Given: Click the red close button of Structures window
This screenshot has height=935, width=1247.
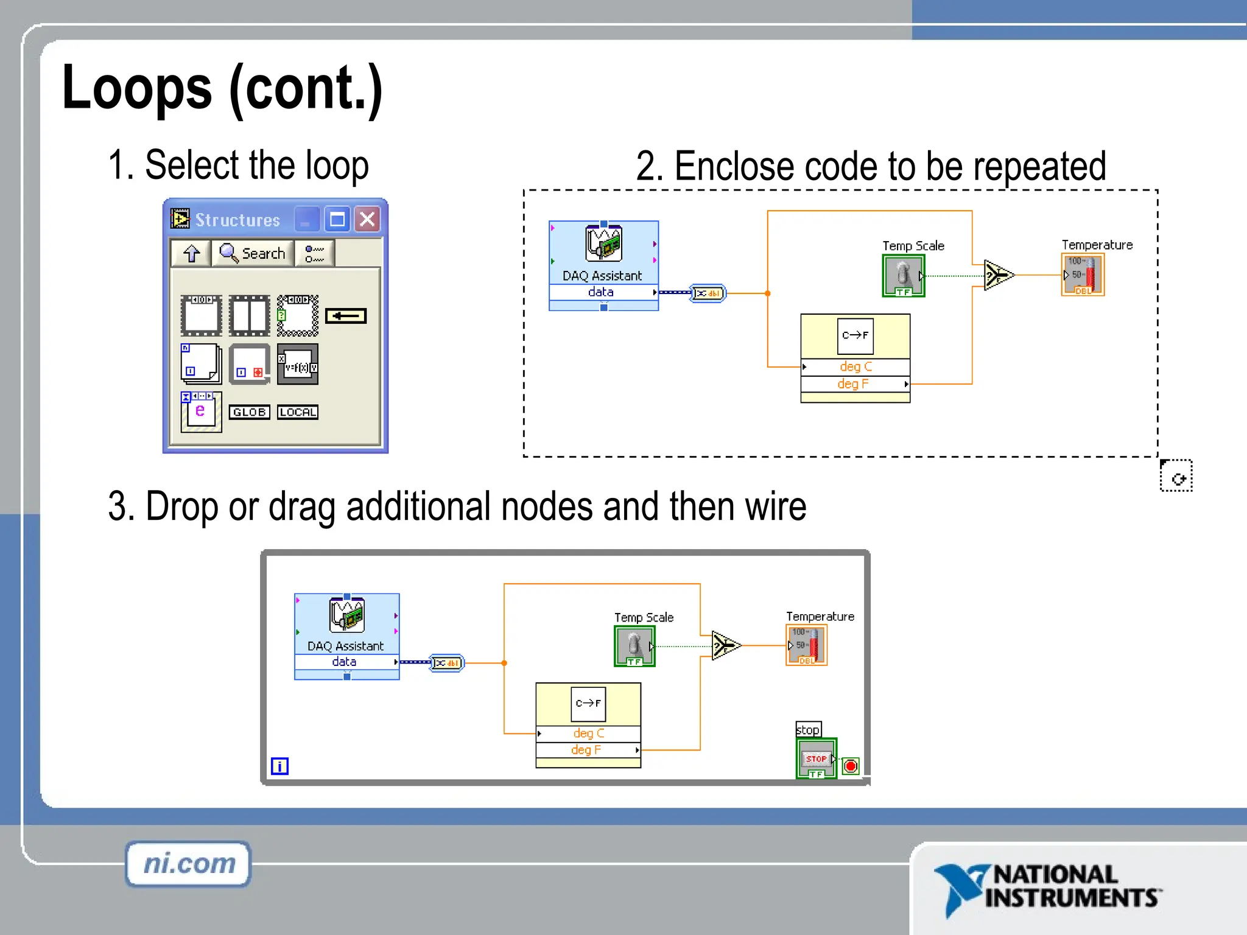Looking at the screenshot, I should point(368,219).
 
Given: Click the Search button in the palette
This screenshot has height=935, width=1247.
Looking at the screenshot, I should point(253,253).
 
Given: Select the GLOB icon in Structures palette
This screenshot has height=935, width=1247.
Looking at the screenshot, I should point(250,412).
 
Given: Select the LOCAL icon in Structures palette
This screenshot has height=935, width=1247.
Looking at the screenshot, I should point(298,412).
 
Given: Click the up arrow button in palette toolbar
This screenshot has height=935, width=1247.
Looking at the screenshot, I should point(191,253).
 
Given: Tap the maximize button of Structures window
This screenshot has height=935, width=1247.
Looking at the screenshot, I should point(337,219).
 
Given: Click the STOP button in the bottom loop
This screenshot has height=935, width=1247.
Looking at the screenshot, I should point(816,758).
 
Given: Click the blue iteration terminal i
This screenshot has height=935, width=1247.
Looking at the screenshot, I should point(279,766).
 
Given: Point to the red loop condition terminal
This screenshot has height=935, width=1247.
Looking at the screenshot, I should point(851,766).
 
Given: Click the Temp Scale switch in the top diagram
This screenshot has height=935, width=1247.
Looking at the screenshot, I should point(904,275).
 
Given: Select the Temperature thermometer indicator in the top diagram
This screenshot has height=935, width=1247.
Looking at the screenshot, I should point(1083,275).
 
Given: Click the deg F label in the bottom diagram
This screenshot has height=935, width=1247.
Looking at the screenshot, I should point(586,750).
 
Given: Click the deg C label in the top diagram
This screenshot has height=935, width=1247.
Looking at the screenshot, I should point(855,366).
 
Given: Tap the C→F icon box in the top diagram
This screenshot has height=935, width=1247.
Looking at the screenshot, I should point(855,335).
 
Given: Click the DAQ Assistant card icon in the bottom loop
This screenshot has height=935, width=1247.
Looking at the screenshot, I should point(347,615).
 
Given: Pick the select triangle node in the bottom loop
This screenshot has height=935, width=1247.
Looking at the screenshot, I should point(725,645).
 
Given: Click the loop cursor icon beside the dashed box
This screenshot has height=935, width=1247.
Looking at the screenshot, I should point(1176,476).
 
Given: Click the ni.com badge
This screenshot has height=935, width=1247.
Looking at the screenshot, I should point(189,864).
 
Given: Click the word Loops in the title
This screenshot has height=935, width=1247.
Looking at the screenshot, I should point(137,88).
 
